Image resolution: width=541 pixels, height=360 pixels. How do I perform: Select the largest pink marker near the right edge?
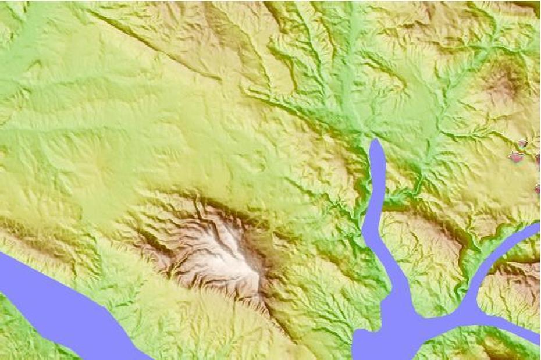pos(515,156)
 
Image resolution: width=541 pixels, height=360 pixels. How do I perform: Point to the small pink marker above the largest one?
pos(522,143)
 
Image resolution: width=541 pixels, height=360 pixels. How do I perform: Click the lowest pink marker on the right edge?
pos(537,188)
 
